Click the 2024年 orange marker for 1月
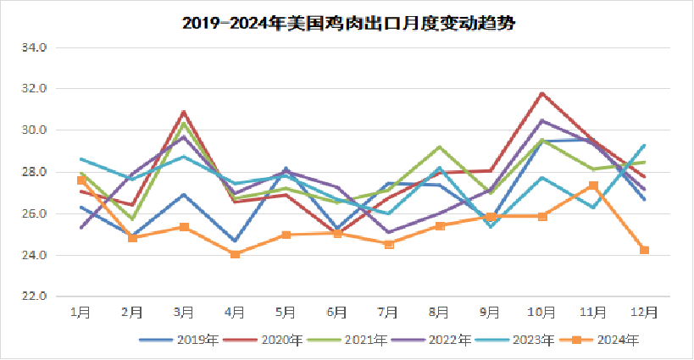[x=81, y=180]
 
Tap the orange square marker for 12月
[x=644, y=250]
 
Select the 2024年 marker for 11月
[x=593, y=186]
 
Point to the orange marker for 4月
[x=235, y=254]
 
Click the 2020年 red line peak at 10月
[x=541, y=93]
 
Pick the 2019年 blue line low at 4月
[x=235, y=241]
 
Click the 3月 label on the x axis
[x=184, y=312]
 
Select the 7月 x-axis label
[x=388, y=312]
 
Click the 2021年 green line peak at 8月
[x=439, y=147]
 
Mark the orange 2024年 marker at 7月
[x=388, y=244]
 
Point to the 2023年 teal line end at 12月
[x=644, y=145]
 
